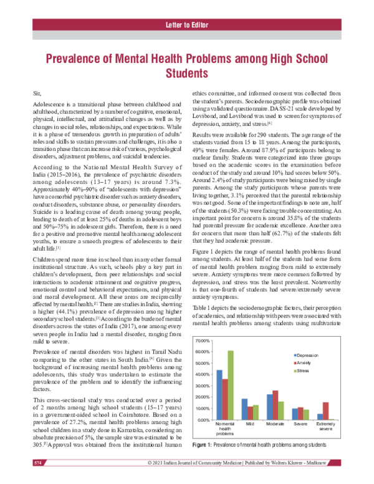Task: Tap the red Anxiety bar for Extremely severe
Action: [326, 411]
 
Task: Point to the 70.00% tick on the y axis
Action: [202, 341]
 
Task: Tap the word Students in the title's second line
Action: [186, 74]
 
